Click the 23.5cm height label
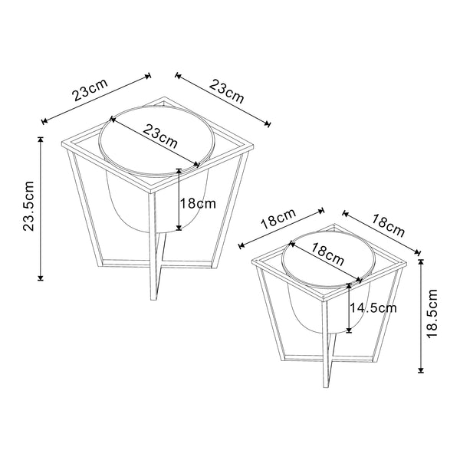pyautogui.click(x=29, y=207)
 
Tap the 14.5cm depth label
pyautogui.click(x=374, y=308)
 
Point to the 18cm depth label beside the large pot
pyautogui.click(x=198, y=204)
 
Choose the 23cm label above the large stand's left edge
pyautogui.click(x=90, y=93)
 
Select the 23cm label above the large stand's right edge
pyautogui.click(x=227, y=94)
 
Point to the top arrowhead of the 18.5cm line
pyautogui.click(x=421, y=261)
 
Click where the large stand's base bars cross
pyautogui.click(x=156, y=265)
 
